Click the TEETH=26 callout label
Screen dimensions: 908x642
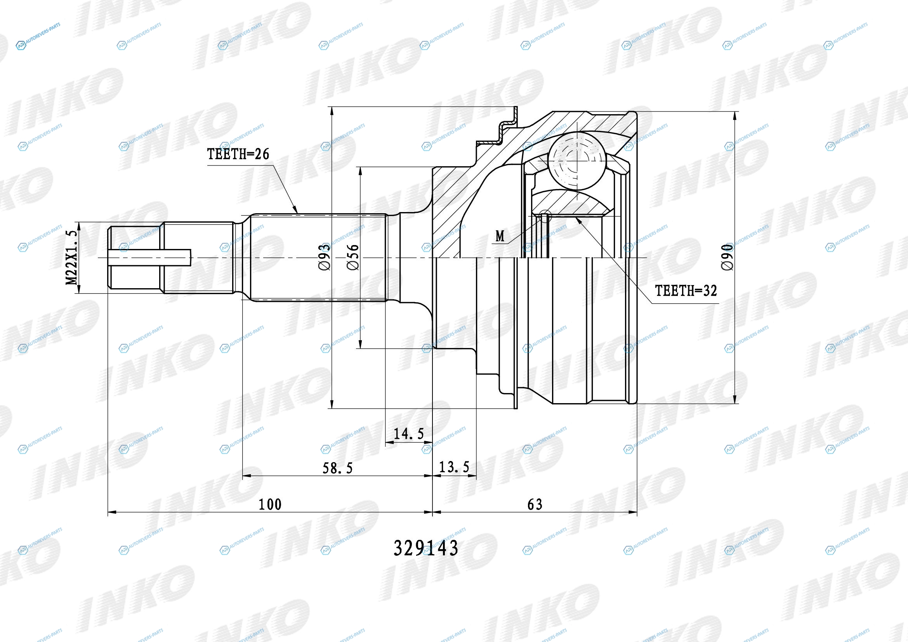(238, 154)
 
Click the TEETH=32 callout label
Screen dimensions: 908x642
(686, 291)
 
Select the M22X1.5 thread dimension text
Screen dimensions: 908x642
(71, 258)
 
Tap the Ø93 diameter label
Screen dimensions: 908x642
(324, 257)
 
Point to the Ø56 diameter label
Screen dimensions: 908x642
(353, 257)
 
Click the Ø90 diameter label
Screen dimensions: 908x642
(727, 257)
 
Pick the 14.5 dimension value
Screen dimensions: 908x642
(409, 433)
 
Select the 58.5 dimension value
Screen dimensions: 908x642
(338, 468)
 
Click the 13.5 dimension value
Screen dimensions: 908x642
(455, 467)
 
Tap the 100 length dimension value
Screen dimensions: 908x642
(270, 505)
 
